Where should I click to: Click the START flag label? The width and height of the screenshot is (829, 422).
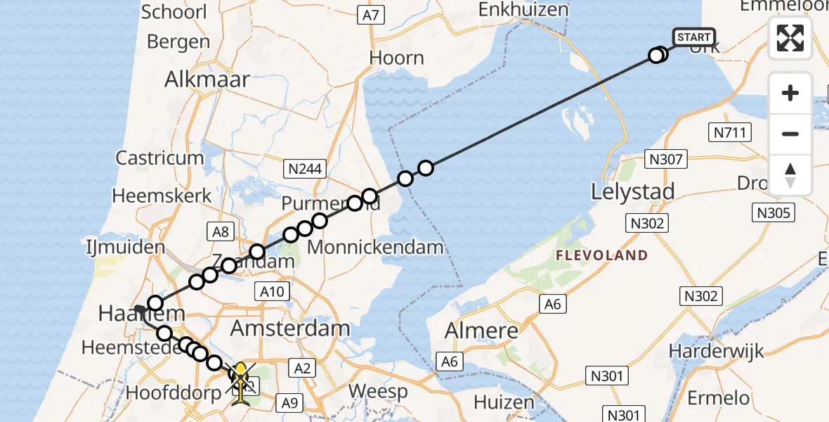694,37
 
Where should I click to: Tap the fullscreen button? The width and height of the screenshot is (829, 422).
790,38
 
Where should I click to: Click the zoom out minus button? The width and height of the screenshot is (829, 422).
790,134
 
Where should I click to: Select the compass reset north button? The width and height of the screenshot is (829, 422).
790,175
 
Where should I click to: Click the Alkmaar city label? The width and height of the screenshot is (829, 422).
207,79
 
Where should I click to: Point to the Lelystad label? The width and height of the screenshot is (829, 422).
633,191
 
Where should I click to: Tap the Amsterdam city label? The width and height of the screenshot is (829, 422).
290,328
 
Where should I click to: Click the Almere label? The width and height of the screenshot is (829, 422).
482,331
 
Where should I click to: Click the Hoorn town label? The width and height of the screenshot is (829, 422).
397,58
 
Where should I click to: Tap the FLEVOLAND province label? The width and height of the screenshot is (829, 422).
601,255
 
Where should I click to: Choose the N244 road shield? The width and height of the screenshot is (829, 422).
303,168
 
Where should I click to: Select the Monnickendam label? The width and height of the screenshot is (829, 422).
375,247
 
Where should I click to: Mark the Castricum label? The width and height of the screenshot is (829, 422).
159,158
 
